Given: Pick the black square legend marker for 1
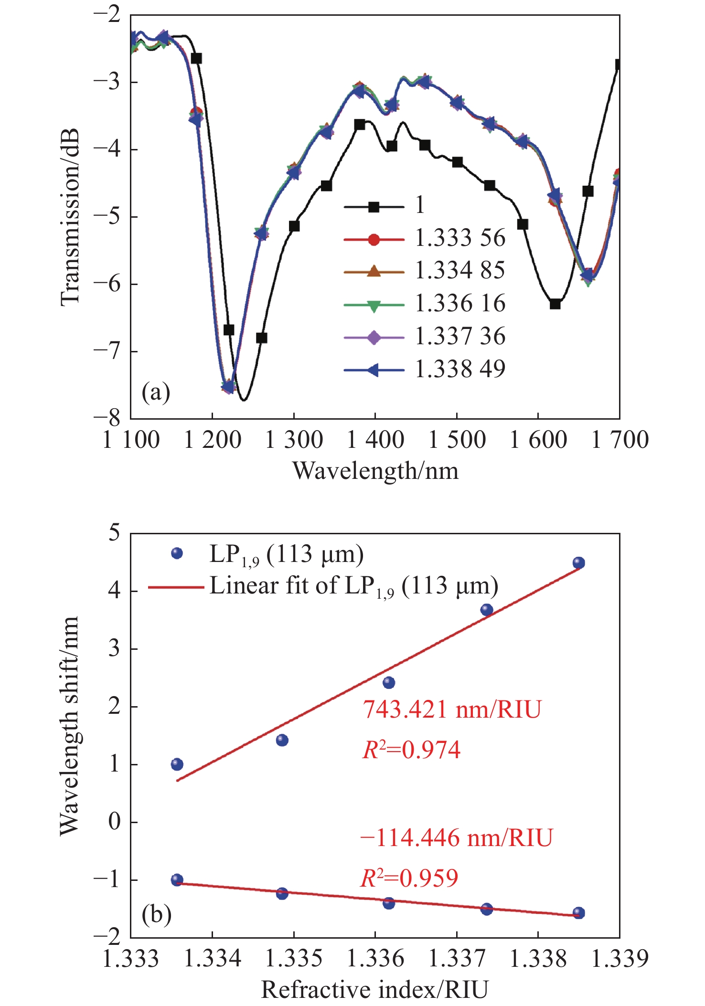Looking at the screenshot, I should click(374, 207).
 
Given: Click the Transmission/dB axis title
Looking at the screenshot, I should click(70, 217).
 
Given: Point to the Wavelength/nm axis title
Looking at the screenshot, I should click(375, 471).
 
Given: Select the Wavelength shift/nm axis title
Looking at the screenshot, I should click(70, 726).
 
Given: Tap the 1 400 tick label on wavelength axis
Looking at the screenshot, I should click(375, 440).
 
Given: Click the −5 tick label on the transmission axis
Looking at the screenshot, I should click(108, 216).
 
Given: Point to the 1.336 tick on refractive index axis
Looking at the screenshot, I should click(375, 958).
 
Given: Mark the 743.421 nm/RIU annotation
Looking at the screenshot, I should click(452, 709).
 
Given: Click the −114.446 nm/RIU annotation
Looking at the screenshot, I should click(457, 838).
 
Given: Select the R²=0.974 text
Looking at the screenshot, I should click(412, 750).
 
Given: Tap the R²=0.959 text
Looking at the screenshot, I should click(409, 878).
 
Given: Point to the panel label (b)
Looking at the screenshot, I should click(156, 915).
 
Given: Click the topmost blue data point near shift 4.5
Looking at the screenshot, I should click(578, 563).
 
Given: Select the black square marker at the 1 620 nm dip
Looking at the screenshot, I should click(555, 304).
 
